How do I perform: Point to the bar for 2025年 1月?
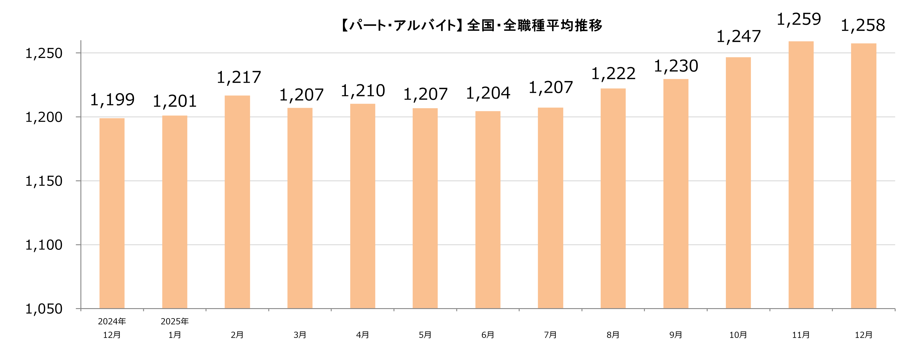click(174, 212)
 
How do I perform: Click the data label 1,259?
click(799, 19)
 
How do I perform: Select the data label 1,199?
click(112, 100)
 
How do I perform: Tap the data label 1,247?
click(739, 37)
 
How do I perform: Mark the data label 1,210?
click(363, 91)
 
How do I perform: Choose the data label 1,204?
click(488, 93)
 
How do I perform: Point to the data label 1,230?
click(676, 66)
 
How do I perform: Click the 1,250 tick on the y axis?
click(44, 53)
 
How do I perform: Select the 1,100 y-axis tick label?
click(44, 245)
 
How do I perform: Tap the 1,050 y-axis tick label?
click(44, 309)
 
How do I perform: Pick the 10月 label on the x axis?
click(738, 335)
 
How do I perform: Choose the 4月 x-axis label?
click(363, 335)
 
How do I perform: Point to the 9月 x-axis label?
click(676, 335)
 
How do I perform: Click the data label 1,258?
click(863, 25)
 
